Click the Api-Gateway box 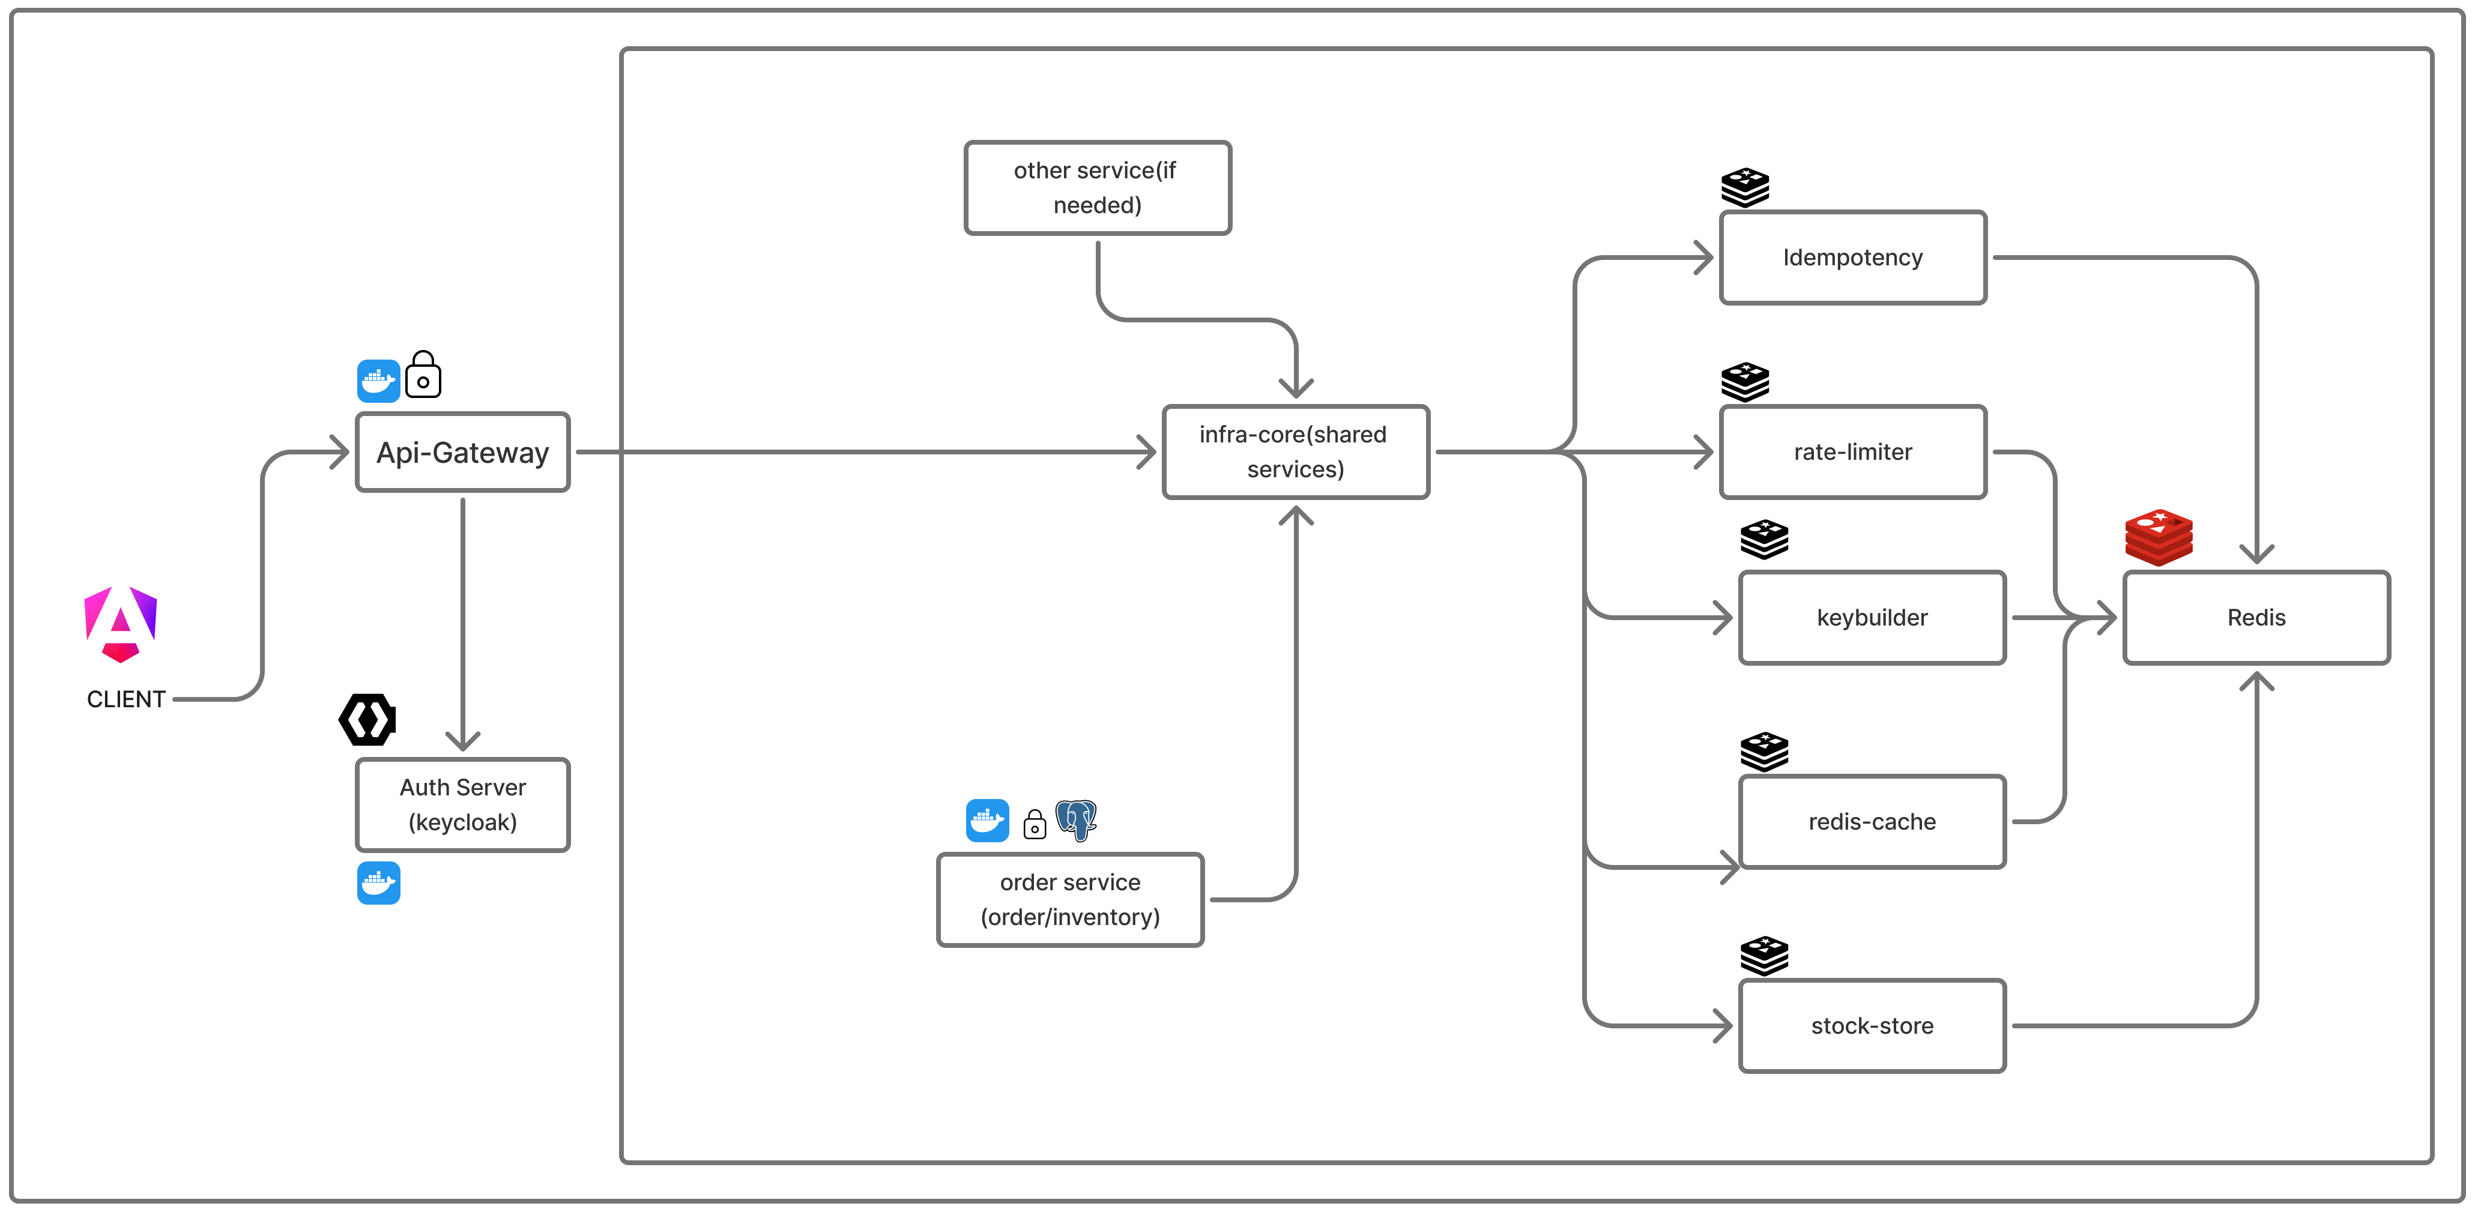click(462, 453)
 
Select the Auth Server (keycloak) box click(462, 805)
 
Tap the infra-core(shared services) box click(1295, 451)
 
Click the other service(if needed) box click(1097, 188)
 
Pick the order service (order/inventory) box click(1070, 900)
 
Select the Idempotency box click(1852, 258)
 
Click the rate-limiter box click(1852, 451)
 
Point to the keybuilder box click(1871, 618)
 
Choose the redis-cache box click(1871, 821)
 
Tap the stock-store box click(1871, 1026)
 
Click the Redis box click(2255, 618)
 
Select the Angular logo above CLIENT click(121, 624)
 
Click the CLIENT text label click(125, 699)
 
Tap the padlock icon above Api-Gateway click(423, 375)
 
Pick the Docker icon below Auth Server click(378, 883)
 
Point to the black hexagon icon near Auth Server click(367, 719)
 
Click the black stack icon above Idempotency click(1745, 187)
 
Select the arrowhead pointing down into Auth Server click(462, 741)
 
